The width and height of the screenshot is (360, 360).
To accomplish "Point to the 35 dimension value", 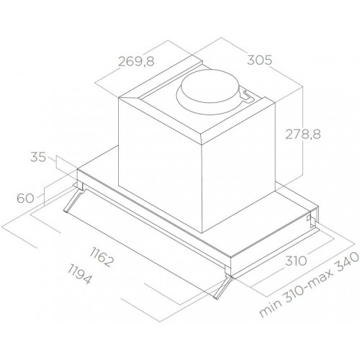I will tap(40, 156).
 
